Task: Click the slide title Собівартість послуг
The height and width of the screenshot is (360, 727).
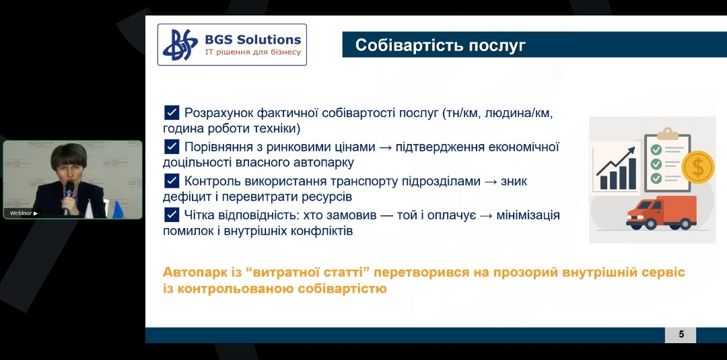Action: pyautogui.click(x=440, y=45)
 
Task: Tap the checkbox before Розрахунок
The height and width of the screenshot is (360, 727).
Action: pyautogui.click(x=172, y=112)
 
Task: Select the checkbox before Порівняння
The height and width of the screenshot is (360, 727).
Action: pyautogui.click(x=172, y=147)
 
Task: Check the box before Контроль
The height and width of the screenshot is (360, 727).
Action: pyautogui.click(x=172, y=181)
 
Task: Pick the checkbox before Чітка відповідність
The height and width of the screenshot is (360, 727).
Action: pyautogui.click(x=172, y=215)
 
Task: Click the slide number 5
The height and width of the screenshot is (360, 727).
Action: pyautogui.click(x=681, y=334)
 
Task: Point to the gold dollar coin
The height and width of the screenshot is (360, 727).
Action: pyautogui.click(x=698, y=168)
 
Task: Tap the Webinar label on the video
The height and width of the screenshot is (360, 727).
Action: pyautogui.click(x=24, y=213)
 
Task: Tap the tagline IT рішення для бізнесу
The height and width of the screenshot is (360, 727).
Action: pyautogui.click(x=253, y=52)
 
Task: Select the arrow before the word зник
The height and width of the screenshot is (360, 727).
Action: pyautogui.click(x=491, y=182)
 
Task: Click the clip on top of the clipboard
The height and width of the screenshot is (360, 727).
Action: pyautogui.click(x=668, y=133)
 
